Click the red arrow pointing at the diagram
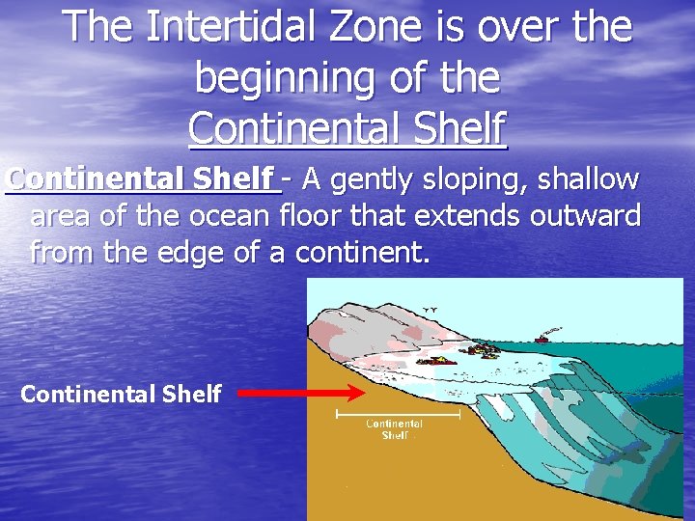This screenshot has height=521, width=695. click(300, 393)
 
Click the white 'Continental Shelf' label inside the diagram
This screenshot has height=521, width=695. click(394, 429)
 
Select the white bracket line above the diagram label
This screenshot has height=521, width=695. click(397, 414)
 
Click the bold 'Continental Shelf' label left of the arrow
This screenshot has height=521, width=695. click(121, 394)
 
